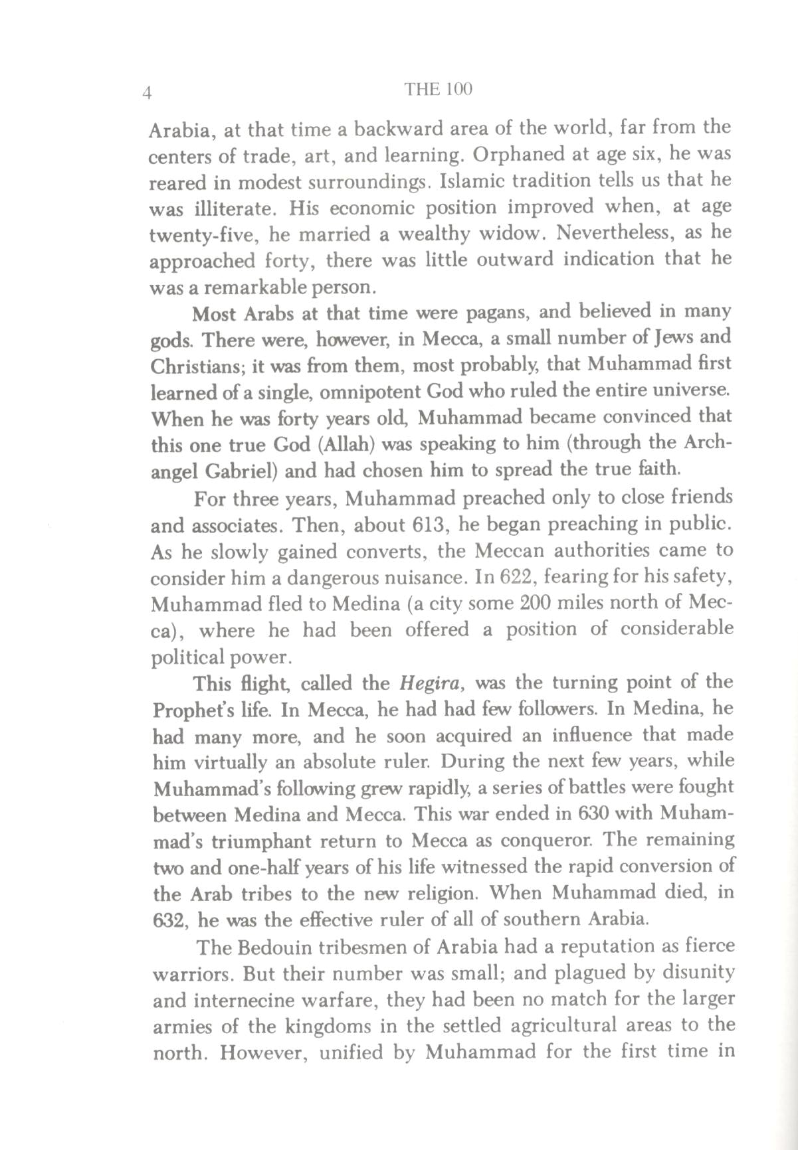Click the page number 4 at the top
148,92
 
